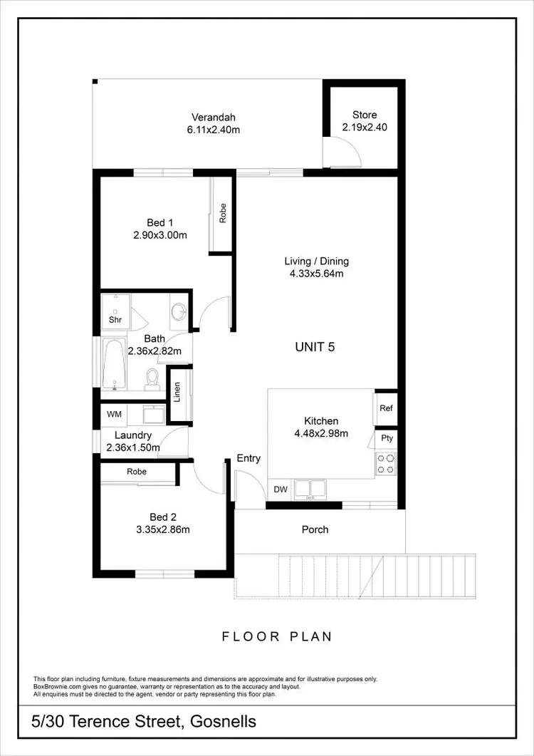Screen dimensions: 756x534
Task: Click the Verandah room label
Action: coord(213,118)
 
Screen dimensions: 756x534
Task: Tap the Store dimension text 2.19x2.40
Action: coord(365,128)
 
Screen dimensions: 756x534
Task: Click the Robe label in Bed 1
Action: coord(222,214)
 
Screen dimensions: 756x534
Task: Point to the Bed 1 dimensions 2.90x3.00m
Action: coord(160,235)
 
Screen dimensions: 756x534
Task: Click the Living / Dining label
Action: coord(316,261)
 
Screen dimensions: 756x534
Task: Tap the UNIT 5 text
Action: coord(315,348)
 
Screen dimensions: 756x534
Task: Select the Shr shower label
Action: coord(115,320)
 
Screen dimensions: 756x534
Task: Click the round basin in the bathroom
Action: coord(178,311)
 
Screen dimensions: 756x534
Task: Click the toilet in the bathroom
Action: coord(152,378)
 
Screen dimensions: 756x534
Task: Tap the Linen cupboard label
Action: coord(177,392)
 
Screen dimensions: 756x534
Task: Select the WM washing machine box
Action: coord(114,414)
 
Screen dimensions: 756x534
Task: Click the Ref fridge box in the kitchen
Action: coord(386,408)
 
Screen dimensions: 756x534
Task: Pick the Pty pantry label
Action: coord(387,438)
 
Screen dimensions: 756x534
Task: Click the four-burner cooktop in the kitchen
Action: coord(386,464)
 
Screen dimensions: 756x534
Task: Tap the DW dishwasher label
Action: coord(280,490)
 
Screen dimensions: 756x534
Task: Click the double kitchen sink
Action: coord(310,489)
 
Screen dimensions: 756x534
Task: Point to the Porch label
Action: coord(315,529)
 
